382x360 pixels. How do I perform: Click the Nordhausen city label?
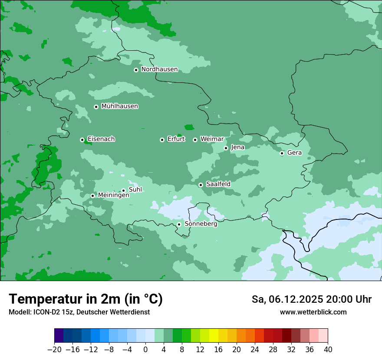[x=159, y=69]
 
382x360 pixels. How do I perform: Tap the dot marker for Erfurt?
[x=162, y=140]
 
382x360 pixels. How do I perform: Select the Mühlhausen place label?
[x=119, y=106]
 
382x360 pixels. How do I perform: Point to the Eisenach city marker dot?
[x=82, y=140]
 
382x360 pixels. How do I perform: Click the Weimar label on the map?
[x=212, y=139]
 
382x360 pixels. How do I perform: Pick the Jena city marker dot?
[x=226, y=148]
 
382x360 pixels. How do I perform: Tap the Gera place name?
[x=294, y=153]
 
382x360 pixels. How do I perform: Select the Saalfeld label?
[x=218, y=184]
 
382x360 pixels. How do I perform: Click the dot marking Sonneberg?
[x=179, y=224]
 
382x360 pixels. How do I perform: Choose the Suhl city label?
[x=135, y=190]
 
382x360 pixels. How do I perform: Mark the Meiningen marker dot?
[x=92, y=196]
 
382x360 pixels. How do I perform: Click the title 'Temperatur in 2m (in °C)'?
[x=86, y=299]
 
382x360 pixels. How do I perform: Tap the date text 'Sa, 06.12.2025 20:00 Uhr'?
[x=311, y=299]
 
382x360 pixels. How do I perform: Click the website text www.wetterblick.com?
[x=313, y=312]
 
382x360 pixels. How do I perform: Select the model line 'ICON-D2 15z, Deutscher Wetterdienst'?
[x=79, y=312]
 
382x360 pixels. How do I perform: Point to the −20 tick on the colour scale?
[x=54, y=350]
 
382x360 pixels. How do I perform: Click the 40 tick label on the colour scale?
[x=328, y=350]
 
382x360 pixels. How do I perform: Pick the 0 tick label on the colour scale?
[x=145, y=350]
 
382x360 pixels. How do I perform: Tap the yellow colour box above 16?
[x=214, y=336]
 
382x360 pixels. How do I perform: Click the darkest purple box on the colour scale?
[x=59, y=336]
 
